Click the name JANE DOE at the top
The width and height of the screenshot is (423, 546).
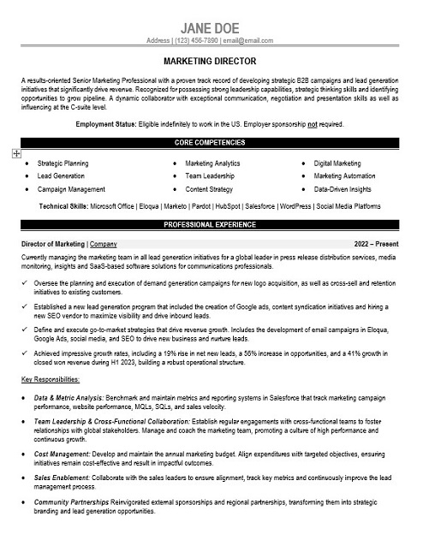click(x=211, y=27)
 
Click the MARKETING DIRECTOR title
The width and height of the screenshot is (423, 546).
click(x=211, y=62)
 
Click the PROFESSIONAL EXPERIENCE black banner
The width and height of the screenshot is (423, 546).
click(x=211, y=224)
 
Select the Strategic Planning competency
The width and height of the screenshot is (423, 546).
click(x=63, y=163)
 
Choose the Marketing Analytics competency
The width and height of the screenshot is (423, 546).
click(x=213, y=163)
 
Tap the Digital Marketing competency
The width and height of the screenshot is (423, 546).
click(x=337, y=163)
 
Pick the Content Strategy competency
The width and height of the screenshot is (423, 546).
click(x=209, y=188)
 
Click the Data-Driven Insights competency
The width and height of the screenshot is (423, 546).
click(x=343, y=188)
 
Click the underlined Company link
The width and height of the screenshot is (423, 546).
click(x=104, y=243)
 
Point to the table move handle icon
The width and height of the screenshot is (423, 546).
click(x=16, y=153)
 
